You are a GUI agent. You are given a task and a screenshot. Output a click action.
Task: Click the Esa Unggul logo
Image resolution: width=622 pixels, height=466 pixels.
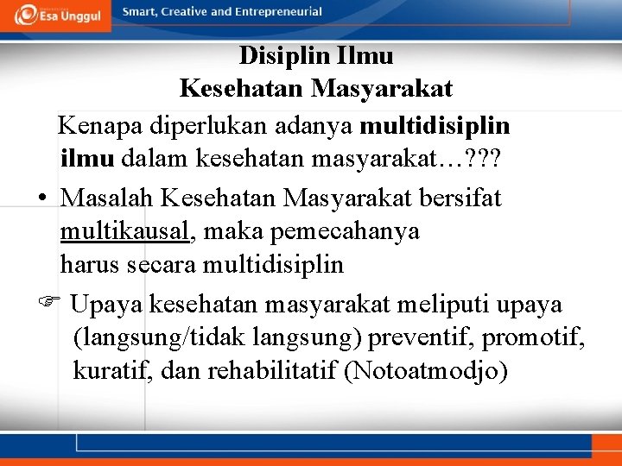click(x=55, y=16)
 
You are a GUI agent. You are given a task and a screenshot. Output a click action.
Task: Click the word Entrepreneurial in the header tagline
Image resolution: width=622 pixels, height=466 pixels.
click(x=276, y=12)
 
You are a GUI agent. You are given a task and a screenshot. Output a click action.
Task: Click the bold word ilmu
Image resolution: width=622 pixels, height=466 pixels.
click(x=87, y=159)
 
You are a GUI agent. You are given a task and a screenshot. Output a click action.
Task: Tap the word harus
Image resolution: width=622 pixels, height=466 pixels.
click(x=91, y=264)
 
